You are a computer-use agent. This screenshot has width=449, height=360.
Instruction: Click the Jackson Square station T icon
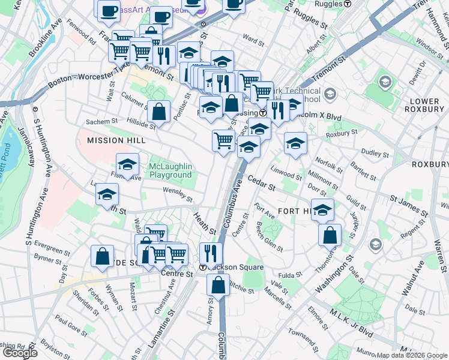[203, 267]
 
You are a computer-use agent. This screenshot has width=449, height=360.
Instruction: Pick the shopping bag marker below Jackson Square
[219, 285]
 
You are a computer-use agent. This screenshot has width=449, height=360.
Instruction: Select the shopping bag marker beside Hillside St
[158, 112]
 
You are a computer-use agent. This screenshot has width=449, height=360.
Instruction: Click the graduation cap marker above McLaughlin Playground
[127, 164]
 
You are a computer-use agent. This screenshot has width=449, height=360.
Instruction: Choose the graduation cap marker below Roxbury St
[295, 143]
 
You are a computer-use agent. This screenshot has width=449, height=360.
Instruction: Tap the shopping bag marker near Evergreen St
[103, 256]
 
